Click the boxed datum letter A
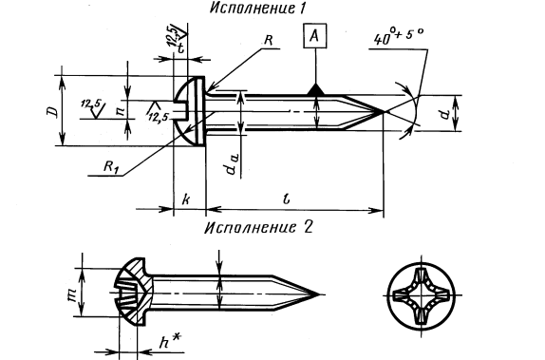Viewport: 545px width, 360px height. pos(315,36)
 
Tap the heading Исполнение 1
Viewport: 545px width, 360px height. pos(257,8)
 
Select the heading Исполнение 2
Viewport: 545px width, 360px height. pos(258,227)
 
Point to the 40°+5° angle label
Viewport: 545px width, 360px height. pos(399,36)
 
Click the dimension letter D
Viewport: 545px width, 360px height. pos(52,112)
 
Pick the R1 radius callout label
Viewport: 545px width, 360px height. pos(111,167)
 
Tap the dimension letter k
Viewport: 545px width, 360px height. pos(186,199)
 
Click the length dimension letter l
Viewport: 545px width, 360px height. pos(287,199)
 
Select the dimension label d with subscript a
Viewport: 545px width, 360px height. pos(231,163)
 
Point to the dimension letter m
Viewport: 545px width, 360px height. pos(72,294)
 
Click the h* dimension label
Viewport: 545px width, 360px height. pos(170,341)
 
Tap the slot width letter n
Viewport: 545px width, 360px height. pos(121,110)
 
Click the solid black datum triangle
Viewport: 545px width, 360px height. pos(315,89)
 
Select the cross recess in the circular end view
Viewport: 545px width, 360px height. pos(421,296)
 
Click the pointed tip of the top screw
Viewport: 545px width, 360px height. pos(383,112)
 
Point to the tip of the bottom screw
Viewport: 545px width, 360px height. pos(319,294)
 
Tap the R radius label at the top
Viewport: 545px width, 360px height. pos(268,40)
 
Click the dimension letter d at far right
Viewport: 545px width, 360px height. pos(443,114)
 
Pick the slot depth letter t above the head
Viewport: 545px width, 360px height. pos(180,47)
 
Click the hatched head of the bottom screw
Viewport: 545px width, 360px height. pos(135,292)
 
